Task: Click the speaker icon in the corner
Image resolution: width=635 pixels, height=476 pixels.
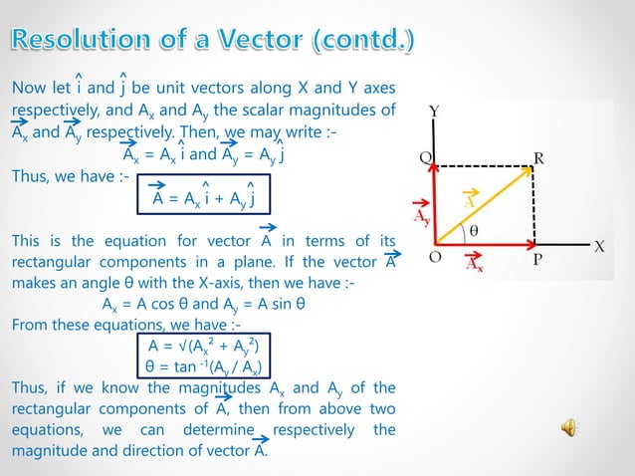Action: click(x=570, y=428)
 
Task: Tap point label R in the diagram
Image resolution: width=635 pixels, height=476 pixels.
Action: click(x=538, y=156)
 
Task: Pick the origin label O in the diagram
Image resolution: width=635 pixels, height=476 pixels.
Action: click(x=435, y=258)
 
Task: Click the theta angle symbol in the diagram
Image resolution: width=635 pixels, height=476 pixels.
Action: click(x=474, y=228)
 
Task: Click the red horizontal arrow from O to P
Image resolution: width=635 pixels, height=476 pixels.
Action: click(x=488, y=243)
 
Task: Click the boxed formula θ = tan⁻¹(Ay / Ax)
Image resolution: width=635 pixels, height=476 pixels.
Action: click(x=203, y=366)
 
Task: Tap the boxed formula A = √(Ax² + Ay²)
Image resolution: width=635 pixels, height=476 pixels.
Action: click(x=203, y=346)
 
